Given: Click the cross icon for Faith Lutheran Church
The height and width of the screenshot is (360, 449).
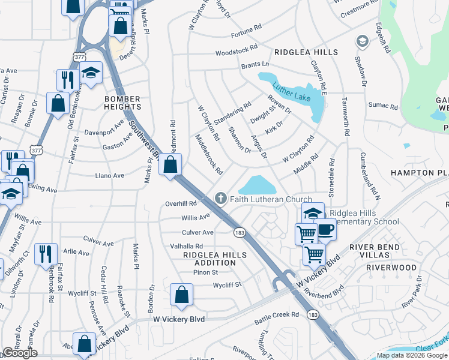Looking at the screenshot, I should (x=221, y=199).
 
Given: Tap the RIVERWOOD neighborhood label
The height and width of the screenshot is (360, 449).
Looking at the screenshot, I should (x=391, y=268).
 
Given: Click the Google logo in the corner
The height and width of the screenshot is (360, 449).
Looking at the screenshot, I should (x=20, y=353).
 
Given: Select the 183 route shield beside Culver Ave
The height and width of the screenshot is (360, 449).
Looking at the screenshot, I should (x=239, y=232).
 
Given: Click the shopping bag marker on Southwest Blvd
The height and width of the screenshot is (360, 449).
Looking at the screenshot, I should (x=170, y=163).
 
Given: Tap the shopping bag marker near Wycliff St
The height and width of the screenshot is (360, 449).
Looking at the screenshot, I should (x=181, y=295).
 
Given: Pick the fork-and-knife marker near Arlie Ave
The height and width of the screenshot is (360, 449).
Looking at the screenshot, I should (x=45, y=254).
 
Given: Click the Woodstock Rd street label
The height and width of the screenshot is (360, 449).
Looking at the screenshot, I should (x=237, y=49).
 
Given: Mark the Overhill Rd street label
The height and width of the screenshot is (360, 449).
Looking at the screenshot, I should (x=181, y=204).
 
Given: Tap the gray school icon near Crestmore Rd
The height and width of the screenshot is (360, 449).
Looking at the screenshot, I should (x=362, y=41).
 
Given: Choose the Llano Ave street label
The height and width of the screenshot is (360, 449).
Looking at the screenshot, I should (x=110, y=176).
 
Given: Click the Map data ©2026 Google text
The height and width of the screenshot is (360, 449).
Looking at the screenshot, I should (x=412, y=355).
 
